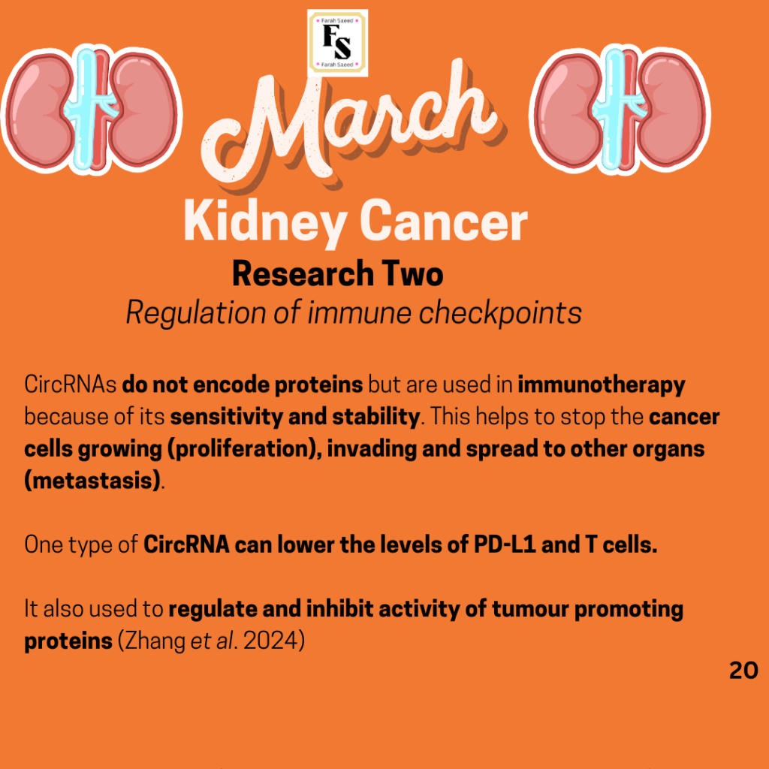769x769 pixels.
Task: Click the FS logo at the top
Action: [337, 43]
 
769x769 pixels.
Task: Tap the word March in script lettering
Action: [351, 128]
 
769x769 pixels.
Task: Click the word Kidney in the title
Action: [266, 222]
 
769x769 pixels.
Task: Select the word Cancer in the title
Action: [444, 221]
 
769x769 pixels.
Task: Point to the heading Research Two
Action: [337, 273]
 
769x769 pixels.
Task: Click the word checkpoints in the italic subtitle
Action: [500, 313]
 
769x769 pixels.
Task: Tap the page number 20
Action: [743, 671]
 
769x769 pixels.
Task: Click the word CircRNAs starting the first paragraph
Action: [70, 384]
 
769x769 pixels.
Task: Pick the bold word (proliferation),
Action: [245, 450]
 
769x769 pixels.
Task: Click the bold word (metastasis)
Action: [92, 481]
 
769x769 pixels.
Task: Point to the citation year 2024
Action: [270, 641]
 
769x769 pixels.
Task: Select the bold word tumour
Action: [530, 609]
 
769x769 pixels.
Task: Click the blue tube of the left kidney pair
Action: [86, 109]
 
